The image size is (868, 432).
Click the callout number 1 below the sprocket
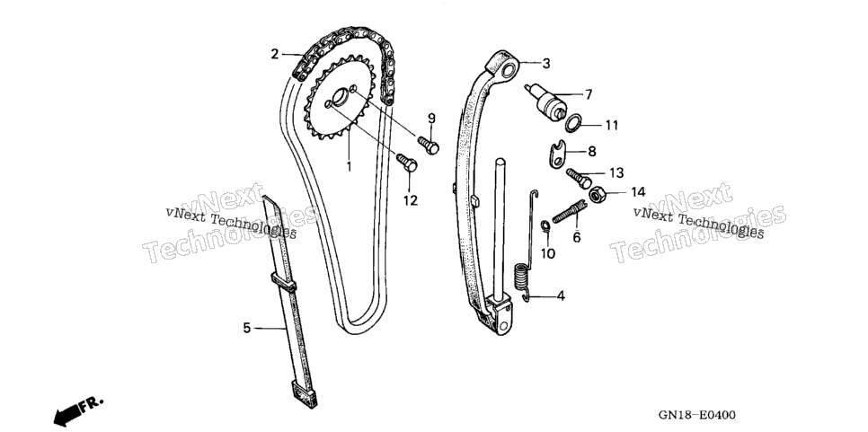(349, 165)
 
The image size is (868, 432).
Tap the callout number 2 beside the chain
(275, 54)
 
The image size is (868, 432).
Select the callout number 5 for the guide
(247, 328)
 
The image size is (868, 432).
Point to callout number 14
(638, 192)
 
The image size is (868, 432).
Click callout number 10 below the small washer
(547, 253)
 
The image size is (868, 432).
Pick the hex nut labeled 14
(597, 195)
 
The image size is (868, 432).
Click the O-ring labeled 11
(573, 123)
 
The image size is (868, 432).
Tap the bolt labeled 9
(429, 145)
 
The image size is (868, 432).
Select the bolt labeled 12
(407, 163)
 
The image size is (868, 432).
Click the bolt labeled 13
(579, 178)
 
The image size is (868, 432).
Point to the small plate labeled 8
(556, 153)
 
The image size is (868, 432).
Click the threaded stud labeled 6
(569, 211)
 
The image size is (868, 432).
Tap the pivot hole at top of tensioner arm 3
(509, 72)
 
